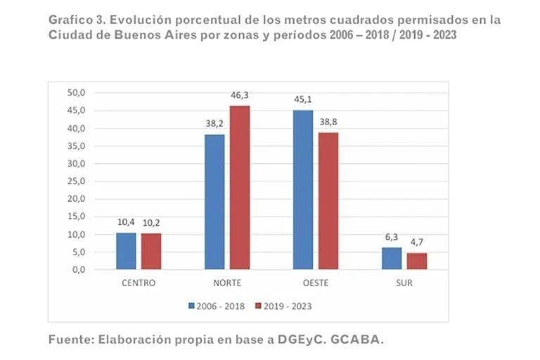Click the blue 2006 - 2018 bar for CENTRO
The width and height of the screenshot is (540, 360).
[x=126, y=251]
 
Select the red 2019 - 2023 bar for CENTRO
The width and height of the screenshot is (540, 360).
[x=151, y=251]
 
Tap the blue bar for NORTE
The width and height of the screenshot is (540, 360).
[x=214, y=202]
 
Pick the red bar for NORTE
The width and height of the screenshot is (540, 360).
[x=240, y=188]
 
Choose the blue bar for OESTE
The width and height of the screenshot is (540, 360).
[x=302, y=190]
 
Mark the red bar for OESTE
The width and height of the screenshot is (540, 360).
[x=328, y=201]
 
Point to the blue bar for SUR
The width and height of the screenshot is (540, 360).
[x=391, y=258]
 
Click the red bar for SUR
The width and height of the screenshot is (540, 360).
[x=416, y=261]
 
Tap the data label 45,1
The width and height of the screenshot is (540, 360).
[x=303, y=98]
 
